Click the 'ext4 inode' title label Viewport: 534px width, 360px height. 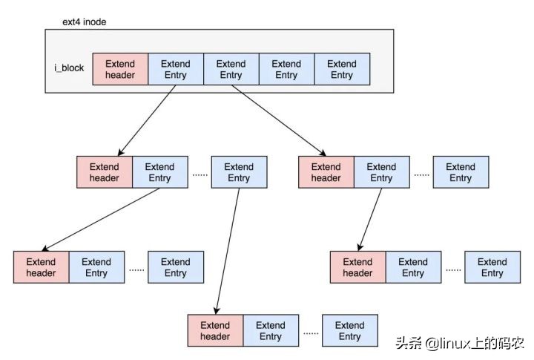[x=84, y=22]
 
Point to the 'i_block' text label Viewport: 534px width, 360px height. [x=68, y=69]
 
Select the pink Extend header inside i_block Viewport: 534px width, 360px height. [x=120, y=69]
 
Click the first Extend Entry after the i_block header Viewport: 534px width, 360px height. [x=175, y=69]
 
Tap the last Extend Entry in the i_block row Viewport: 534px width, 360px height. [x=341, y=69]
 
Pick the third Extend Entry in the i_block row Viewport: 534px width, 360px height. [x=286, y=69]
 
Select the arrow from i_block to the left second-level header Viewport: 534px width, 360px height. [x=147, y=120]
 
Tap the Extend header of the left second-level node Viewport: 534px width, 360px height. [x=104, y=172]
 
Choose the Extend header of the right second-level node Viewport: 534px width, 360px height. [x=326, y=172]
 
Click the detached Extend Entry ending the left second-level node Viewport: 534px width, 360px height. [x=238, y=172]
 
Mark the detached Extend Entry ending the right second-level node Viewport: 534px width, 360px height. [x=460, y=172]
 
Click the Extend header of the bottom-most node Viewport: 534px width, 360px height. [x=215, y=330]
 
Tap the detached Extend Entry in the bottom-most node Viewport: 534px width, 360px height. [x=349, y=330]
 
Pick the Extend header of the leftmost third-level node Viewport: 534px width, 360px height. [x=41, y=267]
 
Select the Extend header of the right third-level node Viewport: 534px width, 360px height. [x=357, y=267]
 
